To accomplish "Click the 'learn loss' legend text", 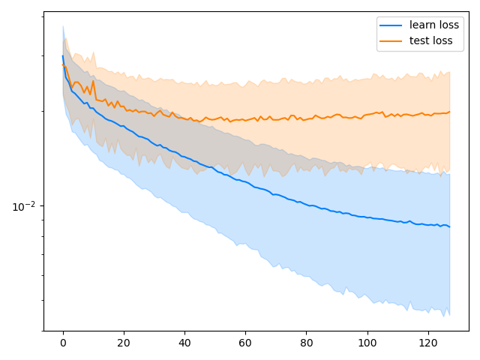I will pyautogui.click(x=434, y=25).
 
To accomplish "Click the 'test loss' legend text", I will pyautogui.click(x=431, y=40).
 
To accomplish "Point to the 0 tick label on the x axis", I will pyautogui.click(x=63, y=343).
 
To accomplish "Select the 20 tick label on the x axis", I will pyautogui.click(x=124, y=343).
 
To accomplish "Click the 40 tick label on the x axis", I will pyautogui.click(x=184, y=343).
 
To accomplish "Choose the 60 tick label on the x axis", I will pyautogui.click(x=245, y=343).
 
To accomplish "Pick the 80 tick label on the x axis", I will pyautogui.click(x=306, y=343).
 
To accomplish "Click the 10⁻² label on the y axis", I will pyautogui.click(x=23, y=206).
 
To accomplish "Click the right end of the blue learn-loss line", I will pyautogui.click(x=449, y=226).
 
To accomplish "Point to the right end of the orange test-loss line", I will pyautogui.click(x=449, y=112).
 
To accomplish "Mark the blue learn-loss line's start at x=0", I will pyautogui.click(x=63, y=55).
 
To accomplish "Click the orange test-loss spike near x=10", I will pyautogui.click(x=93, y=81).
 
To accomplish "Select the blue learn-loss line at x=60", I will pyautogui.click(x=245, y=181).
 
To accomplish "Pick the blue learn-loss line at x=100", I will pyautogui.click(x=367, y=217).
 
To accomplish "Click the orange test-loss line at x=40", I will pyautogui.click(x=184, y=117).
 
